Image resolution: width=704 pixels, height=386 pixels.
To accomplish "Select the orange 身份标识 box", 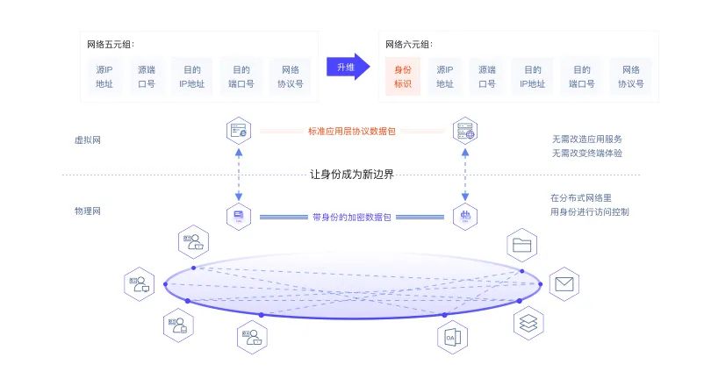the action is pyautogui.click(x=403, y=76).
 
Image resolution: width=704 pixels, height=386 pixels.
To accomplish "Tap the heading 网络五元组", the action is pyautogui.click(x=111, y=44).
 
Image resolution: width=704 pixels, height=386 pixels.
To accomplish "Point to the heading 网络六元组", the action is pyautogui.click(x=409, y=44).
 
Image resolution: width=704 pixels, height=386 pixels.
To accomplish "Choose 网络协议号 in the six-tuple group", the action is pyautogui.click(x=630, y=76).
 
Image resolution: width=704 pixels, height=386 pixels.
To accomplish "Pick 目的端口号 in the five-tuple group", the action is pyautogui.click(x=241, y=76).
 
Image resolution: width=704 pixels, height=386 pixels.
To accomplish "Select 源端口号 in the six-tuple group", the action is pyautogui.click(x=487, y=76).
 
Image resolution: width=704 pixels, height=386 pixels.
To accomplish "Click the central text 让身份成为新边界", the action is pyautogui.click(x=352, y=174).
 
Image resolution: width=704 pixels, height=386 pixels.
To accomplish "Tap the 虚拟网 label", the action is pyautogui.click(x=88, y=139).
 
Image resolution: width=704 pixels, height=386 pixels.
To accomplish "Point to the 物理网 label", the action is pyautogui.click(x=88, y=211).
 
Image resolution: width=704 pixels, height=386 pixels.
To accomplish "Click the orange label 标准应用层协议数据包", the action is pyautogui.click(x=351, y=132).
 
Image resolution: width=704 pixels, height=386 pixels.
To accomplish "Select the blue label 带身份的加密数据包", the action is pyautogui.click(x=352, y=216).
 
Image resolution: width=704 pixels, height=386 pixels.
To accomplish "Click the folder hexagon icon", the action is pyautogui.click(x=523, y=245).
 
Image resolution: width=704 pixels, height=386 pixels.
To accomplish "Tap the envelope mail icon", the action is pyautogui.click(x=564, y=284).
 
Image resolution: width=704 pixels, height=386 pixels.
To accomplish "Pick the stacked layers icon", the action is pyautogui.click(x=528, y=323).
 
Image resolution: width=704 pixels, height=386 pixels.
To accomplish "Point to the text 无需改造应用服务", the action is pyautogui.click(x=587, y=139).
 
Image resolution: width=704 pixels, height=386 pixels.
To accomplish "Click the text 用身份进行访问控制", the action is pyautogui.click(x=589, y=211).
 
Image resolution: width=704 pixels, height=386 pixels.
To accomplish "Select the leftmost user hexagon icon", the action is pyautogui.click(x=139, y=283).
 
